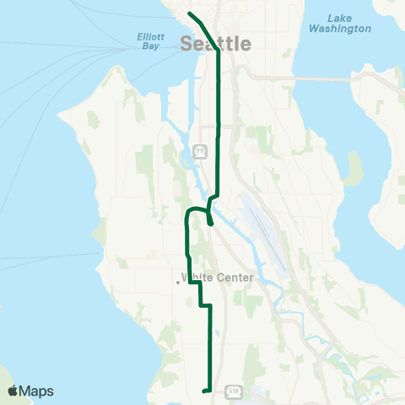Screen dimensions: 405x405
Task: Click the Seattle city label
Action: coord(216,43)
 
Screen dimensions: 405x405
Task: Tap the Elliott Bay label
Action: coord(148,41)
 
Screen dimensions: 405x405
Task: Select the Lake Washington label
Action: coord(340,23)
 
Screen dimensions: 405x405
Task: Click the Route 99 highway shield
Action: coord(199,150)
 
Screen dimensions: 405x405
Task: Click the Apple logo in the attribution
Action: coord(13,391)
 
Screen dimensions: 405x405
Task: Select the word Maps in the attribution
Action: coord(37,391)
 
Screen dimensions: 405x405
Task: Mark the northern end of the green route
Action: coord(189,13)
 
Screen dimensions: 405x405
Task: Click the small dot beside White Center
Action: coord(179,282)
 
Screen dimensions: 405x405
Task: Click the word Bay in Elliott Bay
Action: coord(148,47)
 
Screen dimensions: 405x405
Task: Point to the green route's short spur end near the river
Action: coord(209,225)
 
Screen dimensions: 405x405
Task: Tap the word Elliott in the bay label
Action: coord(148,36)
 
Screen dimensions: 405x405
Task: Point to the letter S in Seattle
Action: coord(188,44)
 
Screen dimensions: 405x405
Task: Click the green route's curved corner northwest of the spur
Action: coord(188,213)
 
